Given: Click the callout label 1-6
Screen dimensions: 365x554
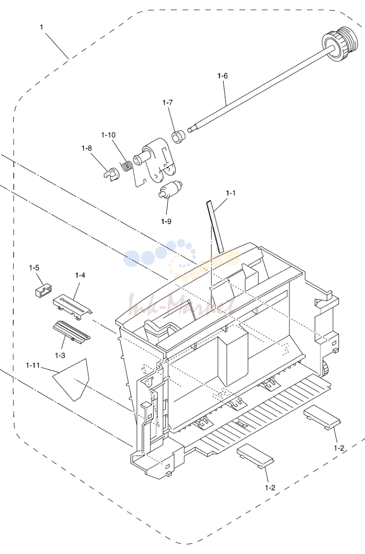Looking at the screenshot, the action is [223, 76].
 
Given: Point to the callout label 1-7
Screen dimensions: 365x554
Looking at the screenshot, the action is [168, 102].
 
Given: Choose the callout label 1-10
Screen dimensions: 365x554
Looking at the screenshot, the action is [108, 135].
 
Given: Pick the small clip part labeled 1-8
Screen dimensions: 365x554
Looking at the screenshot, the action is [112, 174].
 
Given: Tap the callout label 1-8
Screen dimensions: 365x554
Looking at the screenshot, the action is [86, 148].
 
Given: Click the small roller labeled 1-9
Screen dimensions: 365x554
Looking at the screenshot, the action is [171, 189].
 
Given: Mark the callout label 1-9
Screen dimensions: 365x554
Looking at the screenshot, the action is [166, 221].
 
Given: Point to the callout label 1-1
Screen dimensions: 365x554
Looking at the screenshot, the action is [231, 193].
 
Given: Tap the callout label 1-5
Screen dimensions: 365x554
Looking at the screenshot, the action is [34, 268].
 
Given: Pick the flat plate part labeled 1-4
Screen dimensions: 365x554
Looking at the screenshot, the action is [72, 307].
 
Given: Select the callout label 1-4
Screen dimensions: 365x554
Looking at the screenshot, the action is [80, 275].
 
